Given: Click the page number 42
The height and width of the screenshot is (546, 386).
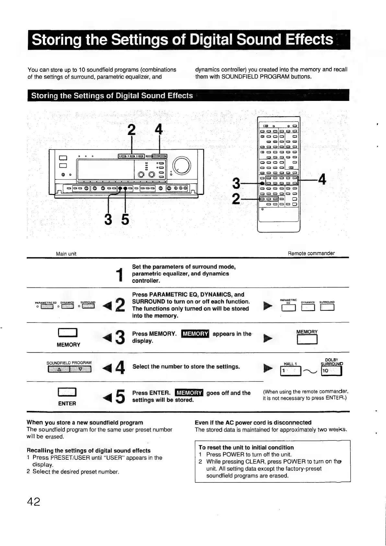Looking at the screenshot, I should pos(34,502).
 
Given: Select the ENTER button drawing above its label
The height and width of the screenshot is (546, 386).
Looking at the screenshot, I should pos(67,393).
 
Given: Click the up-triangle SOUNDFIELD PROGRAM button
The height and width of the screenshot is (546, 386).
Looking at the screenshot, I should pos(59,369).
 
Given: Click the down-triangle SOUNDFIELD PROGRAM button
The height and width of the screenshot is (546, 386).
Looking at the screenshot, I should pos(81,369).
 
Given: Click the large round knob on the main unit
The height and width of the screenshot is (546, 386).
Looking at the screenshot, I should pos(182,165).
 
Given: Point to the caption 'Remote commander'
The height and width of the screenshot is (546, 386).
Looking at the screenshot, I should pos(311,253).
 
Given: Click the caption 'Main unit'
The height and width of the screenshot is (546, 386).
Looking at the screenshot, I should pos(66,254).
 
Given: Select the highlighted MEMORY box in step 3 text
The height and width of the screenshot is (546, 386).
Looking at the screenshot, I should pos(196,334).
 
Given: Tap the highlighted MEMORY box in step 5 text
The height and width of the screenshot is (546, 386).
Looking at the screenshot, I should pos(188,393).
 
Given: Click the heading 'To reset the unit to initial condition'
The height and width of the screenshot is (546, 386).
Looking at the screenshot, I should pos(246,447).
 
